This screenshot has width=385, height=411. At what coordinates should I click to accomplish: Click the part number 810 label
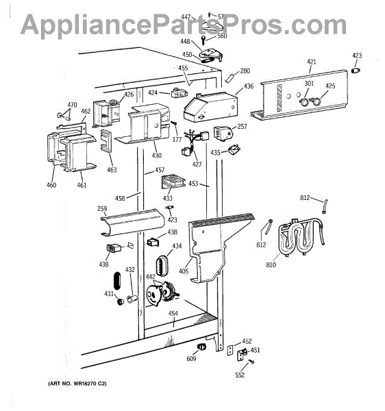[271, 264]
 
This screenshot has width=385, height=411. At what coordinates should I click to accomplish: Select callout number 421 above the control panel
[311, 62]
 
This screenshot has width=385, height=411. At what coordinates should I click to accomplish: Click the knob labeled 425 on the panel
[316, 101]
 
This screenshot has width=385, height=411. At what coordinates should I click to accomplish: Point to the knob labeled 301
[304, 101]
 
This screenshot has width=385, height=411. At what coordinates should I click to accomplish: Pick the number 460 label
[51, 185]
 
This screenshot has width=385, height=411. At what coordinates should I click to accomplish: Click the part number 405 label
[184, 271]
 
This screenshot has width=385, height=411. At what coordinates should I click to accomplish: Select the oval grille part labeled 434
[162, 264]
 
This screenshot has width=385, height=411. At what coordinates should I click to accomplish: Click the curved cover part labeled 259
[132, 222]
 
